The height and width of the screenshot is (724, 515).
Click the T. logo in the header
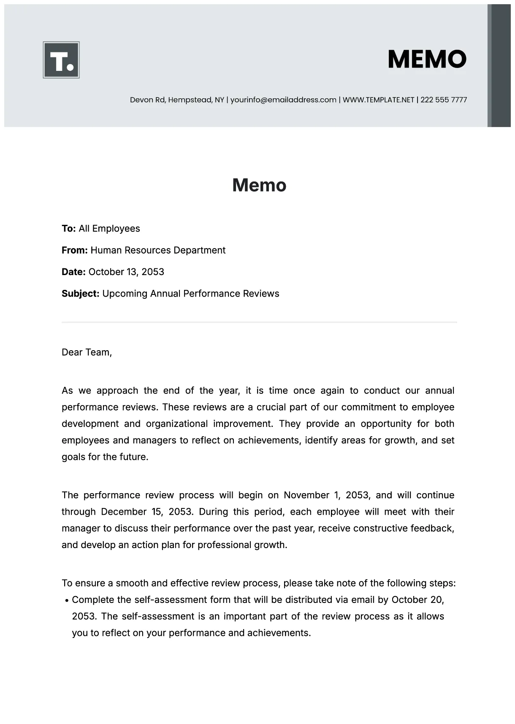(x=61, y=60)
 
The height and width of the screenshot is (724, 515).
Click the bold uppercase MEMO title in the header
(x=427, y=59)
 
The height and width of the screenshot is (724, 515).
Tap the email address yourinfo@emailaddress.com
(x=283, y=100)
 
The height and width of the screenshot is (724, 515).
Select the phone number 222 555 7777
(x=444, y=100)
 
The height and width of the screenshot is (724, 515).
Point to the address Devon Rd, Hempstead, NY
(x=177, y=100)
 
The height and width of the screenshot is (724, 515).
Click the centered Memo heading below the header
(x=259, y=185)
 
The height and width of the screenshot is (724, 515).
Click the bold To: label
(x=69, y=229)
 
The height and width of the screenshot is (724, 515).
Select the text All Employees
(x=109, y=229)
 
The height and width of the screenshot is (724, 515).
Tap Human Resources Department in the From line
(x=158, y=250)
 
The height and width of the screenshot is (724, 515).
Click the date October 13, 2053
(x=126, y=272)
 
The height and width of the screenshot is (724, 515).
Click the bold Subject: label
(x=80, y=294)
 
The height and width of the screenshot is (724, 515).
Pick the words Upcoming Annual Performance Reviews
(x=191, y=294)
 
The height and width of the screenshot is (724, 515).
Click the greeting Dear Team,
(x=87, y=352)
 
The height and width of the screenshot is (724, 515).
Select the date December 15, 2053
(x=146, y=512)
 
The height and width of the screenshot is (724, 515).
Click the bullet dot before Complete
(x=67, y=600)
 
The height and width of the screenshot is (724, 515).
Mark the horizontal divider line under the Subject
(x=259, y=322)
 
